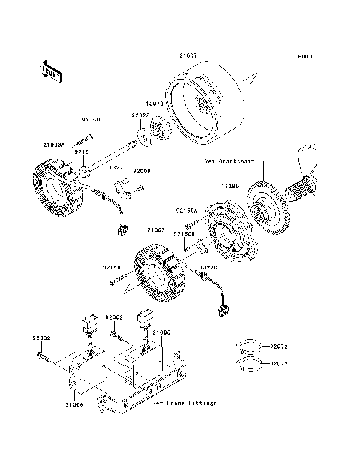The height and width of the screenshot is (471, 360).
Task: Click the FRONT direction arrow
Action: tap(49, 70)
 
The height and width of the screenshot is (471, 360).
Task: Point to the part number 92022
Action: tap(141, 115)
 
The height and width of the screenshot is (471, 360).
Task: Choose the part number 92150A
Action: tap(187, 211)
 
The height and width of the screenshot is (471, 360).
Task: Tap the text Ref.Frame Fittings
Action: tap(184, 403)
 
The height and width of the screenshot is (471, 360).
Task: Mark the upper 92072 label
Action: tap(279, 347)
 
